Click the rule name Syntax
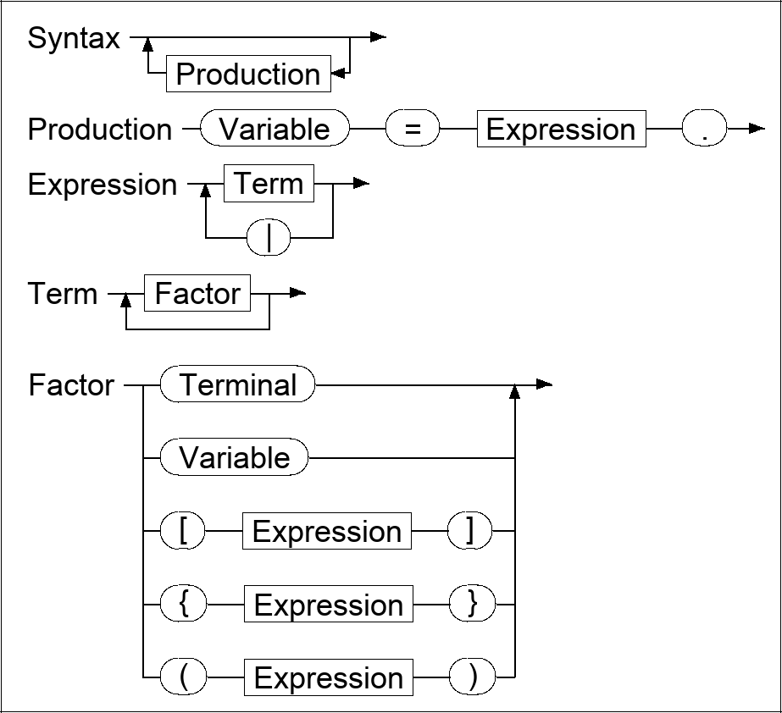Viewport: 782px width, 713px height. [x=74, y=39]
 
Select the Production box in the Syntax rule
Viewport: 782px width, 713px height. [x=247, y=75]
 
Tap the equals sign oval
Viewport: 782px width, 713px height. [x=413, y=130]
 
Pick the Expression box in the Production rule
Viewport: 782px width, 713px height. [x=561, y=130]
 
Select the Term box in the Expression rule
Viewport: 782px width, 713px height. [x=269, y=184]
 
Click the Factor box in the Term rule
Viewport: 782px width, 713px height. [x=197, y=294]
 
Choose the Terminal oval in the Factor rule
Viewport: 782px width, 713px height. [x=237, y=385]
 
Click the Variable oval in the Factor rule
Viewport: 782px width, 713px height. [x=234, y=458]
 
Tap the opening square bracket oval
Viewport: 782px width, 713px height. [x=183, y=532]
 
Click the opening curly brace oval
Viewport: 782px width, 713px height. [x=183, y=605]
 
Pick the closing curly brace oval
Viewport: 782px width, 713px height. [x=472, y=605]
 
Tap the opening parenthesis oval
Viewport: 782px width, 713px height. [x=183, y=678]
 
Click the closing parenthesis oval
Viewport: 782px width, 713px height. [x=472, y=678]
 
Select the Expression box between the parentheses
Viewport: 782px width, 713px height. [x=329, y=678]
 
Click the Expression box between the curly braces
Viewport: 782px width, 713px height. [x=329, y=605]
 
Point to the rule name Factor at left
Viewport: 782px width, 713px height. [x=71, y=385]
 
